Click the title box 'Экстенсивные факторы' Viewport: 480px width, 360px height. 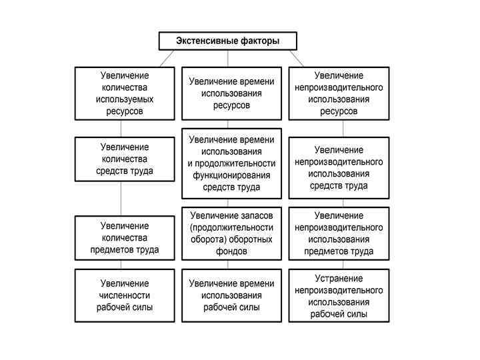click(x=227, y=41)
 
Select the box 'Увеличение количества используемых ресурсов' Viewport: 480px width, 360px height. click(x=125, y=93)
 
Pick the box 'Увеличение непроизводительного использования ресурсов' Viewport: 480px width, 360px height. click(x=339, y=93)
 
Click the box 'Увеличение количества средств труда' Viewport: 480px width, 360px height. click(x=125, y=159)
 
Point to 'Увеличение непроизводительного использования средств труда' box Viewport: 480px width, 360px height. click(x=339, y=168)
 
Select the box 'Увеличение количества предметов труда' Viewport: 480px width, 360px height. click(x=125, y=238)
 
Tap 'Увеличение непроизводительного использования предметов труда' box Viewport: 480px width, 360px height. click(x=339, y=233)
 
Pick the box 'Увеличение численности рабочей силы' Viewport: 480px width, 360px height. click(x=125, y=295)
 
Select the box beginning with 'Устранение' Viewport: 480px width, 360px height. click(x=339, y=295)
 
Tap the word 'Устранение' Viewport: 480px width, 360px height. click(x=339, y=278)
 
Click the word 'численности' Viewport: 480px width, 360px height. click(x=125, y=295)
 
